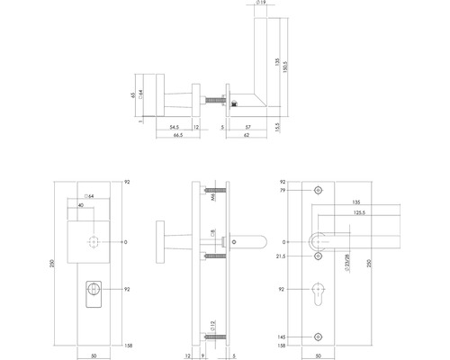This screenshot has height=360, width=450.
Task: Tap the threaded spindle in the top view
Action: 216,101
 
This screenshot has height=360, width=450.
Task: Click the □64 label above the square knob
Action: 88,196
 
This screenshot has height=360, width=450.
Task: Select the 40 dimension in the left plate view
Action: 83,205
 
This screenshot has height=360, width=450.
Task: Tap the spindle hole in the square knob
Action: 94,242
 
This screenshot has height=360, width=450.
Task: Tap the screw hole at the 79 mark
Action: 318,192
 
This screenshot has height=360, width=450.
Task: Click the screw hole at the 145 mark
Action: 318,336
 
